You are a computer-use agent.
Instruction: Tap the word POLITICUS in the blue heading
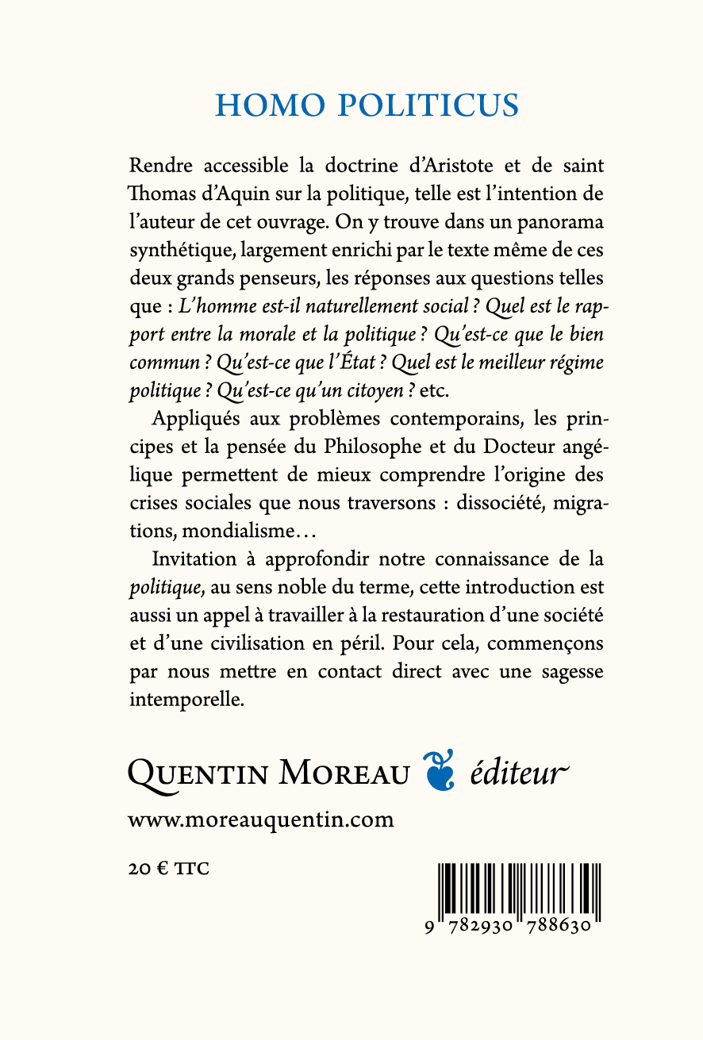pyautogui.click(x=423, y=106)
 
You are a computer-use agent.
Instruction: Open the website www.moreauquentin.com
pyautogui.click(x=260, y=819)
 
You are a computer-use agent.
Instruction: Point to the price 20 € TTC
pyautogui.click(x=168, y=869)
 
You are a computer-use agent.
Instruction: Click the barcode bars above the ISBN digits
pyautogui.click(x=519, y=889)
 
